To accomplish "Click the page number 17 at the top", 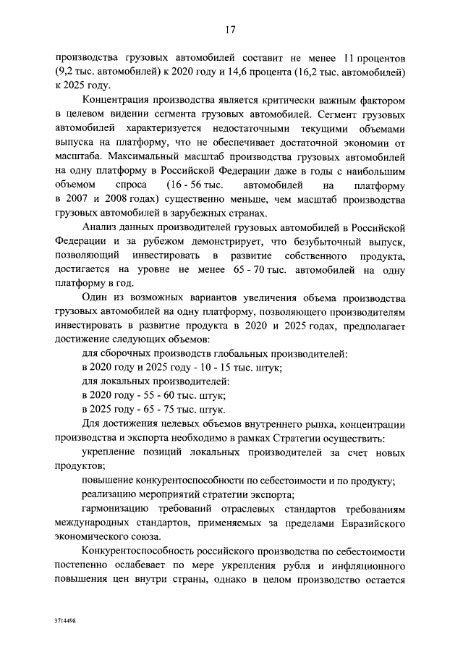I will [231, 30].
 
